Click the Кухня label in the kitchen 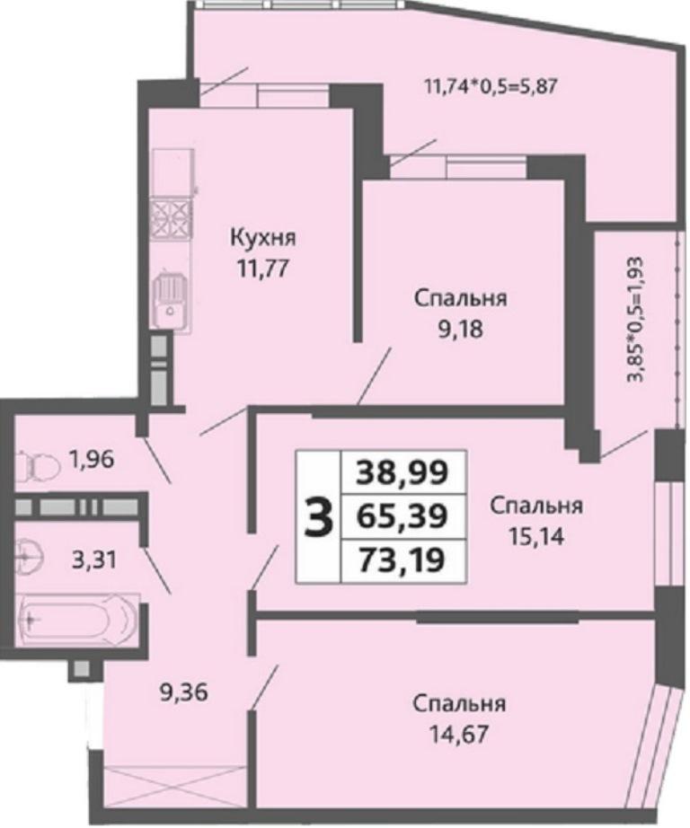263,238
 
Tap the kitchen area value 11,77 263,269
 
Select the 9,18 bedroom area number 460,330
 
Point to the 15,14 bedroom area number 536,536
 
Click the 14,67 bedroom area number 458,735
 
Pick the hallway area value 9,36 184,692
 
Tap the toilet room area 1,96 91,460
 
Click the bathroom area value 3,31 93,559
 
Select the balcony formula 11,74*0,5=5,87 491,85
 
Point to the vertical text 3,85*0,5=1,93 635,320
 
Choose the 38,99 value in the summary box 402,472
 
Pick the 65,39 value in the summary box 402,516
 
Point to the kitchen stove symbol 170,217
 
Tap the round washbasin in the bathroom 28,556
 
